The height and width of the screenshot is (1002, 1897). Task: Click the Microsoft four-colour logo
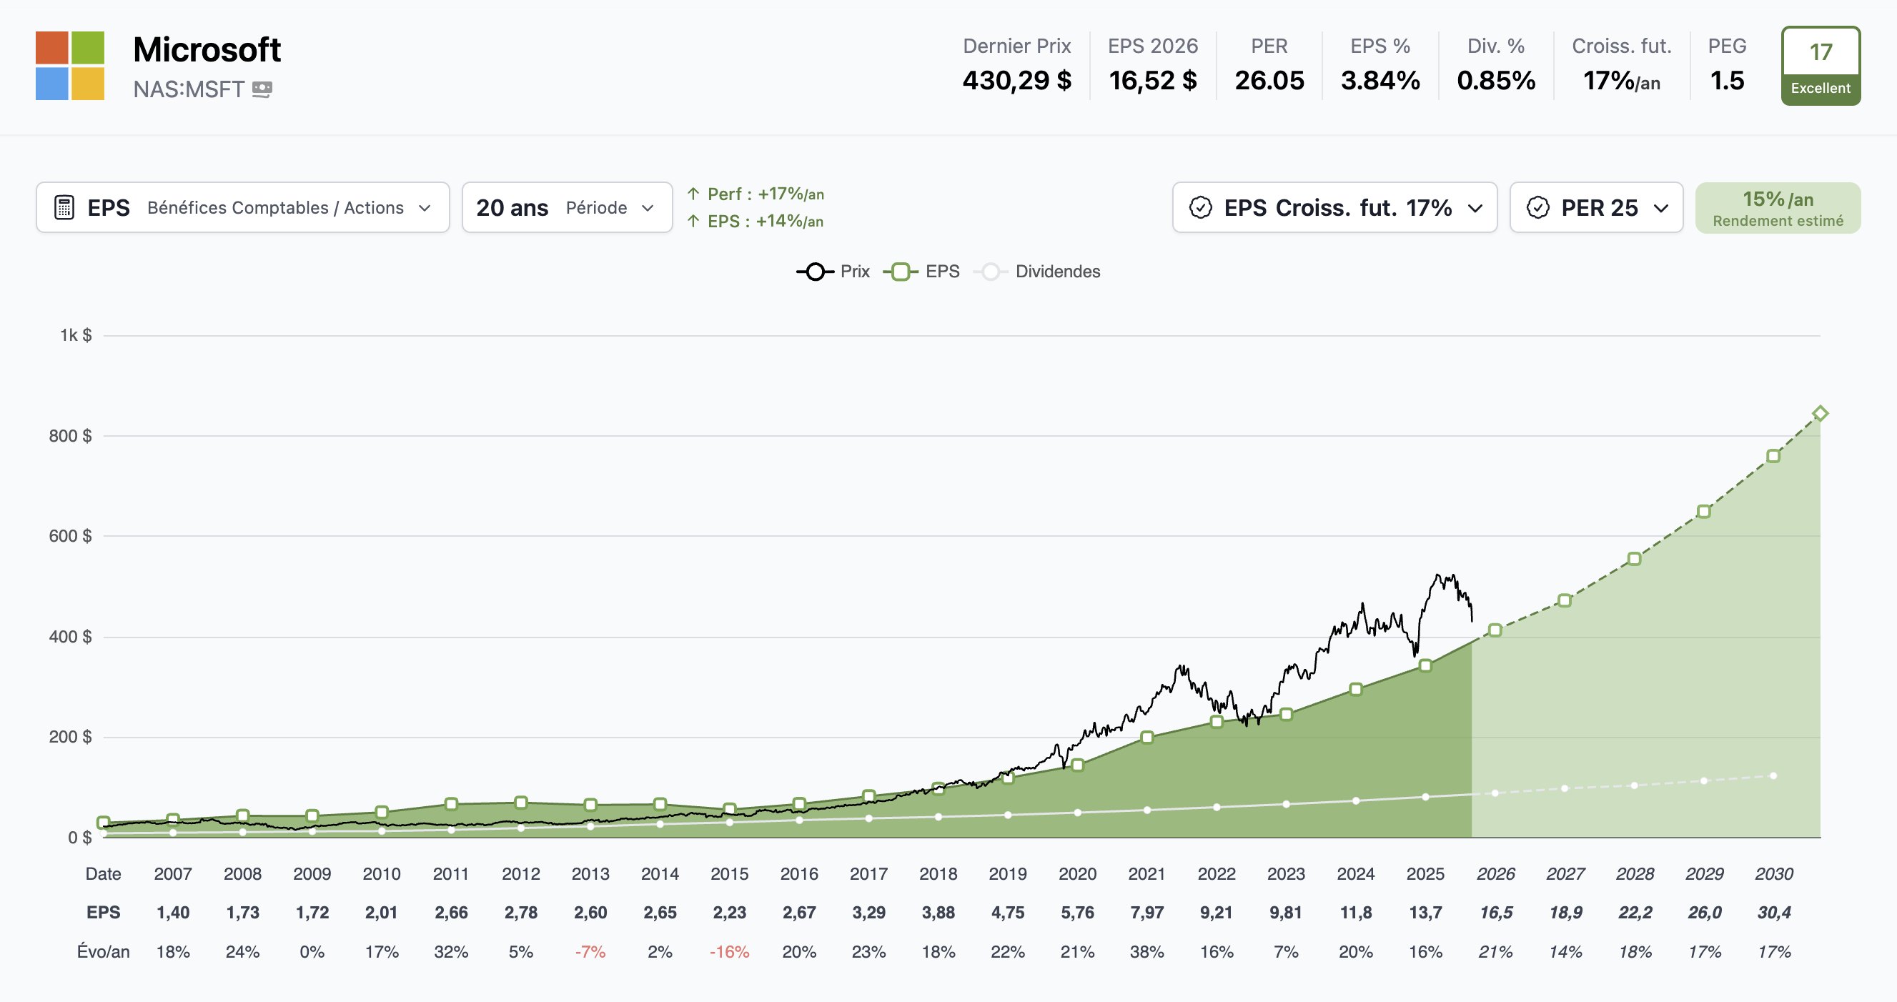pos(70,66)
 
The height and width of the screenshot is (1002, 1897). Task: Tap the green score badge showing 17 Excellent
pos(1821,66)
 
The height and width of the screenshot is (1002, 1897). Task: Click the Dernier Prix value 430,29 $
pos(1016,80)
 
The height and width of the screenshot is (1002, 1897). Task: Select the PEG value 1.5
pos(1726,80)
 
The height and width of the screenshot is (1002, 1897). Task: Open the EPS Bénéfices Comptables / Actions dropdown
pos(242,207)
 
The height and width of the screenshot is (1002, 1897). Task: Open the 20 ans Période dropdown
pos(566,207)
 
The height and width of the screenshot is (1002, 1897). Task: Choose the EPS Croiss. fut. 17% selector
pos(1334,207)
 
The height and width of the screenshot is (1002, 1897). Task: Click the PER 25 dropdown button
pos(1596,207)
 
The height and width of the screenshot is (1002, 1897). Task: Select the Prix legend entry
pos(833,272)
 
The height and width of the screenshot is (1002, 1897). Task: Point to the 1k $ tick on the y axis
pos(76,336)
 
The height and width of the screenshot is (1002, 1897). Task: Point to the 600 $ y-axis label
pos(71,536)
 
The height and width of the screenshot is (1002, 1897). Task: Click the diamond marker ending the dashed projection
pos(1820,413)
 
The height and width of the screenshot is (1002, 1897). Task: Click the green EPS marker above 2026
pos(1495,630)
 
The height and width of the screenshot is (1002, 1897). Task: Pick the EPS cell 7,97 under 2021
pos(1146,913)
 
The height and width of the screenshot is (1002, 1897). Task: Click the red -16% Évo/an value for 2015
pos(729,952)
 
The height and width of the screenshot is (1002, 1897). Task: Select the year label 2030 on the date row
pos(1773,874)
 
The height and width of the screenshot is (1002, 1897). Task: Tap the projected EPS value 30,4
pos(1773,913)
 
